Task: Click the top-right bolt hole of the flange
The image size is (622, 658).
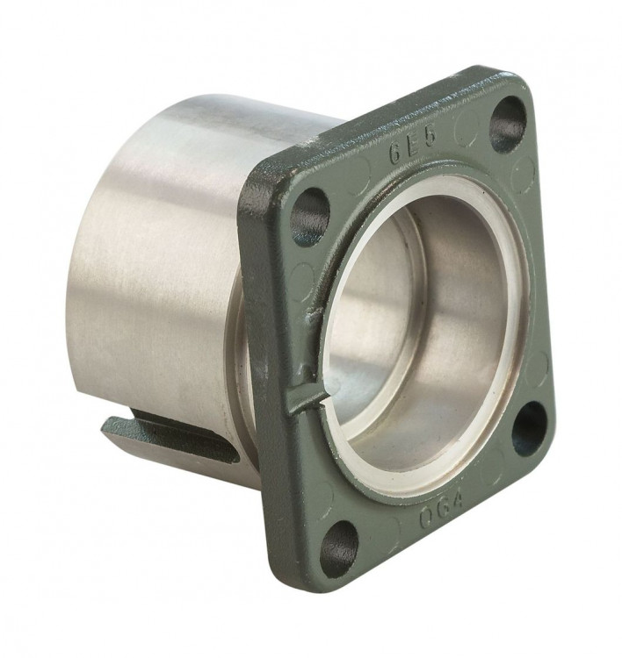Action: point(508,124)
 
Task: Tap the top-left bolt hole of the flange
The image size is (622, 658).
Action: point(308,215)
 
